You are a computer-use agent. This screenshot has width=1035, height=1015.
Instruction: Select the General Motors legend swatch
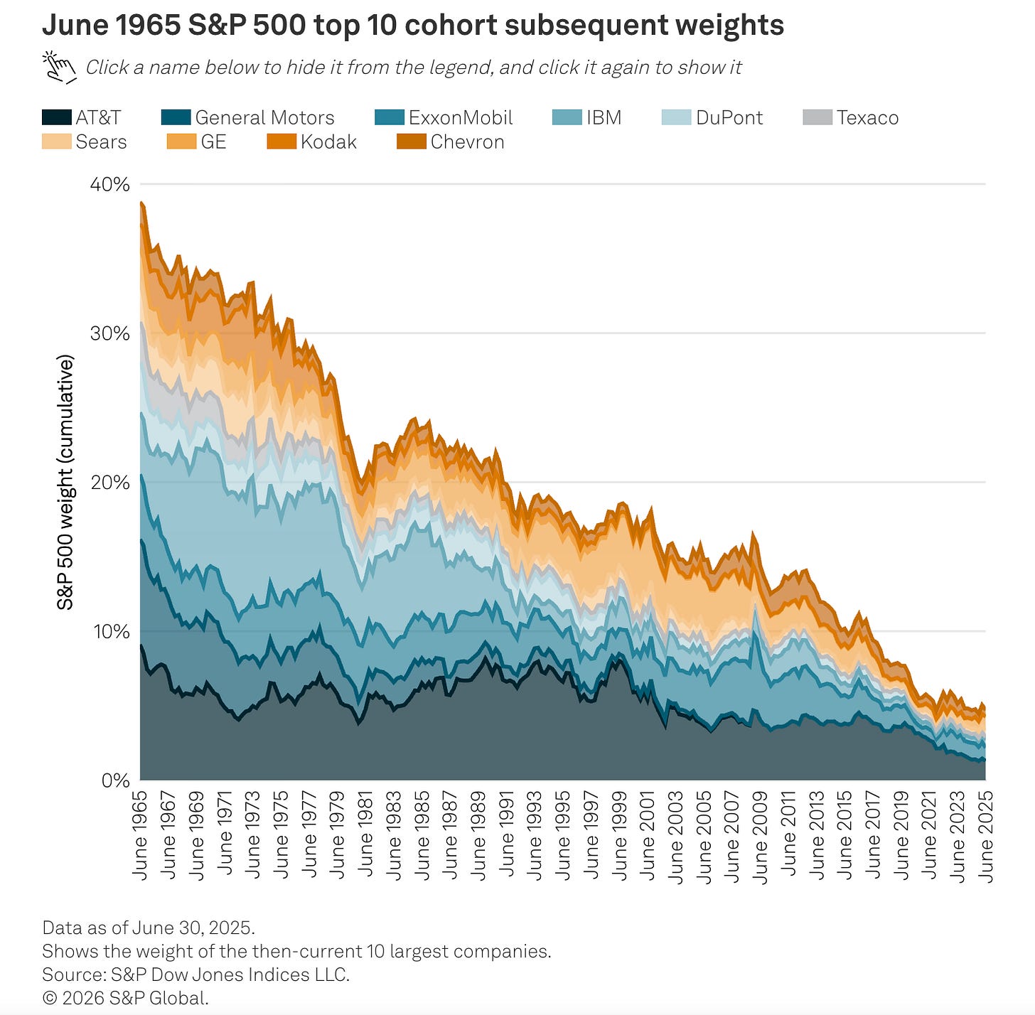click(176, 117)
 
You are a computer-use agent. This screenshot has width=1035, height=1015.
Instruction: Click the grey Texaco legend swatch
click(817, 117)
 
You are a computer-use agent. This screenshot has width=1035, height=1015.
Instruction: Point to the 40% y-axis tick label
click(110, 184)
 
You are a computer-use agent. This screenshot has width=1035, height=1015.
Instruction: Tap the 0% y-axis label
click(115, 780)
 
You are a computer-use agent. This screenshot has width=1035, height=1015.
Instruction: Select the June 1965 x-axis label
click(140, 835)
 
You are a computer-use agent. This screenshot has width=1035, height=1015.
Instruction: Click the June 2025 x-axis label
click(986, 835)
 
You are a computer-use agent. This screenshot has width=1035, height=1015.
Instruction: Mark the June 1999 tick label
click(620, 835)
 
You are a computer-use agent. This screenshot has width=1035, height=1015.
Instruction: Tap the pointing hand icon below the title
click(60, 67)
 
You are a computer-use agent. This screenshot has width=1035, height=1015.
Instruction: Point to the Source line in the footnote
click(195, 974)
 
